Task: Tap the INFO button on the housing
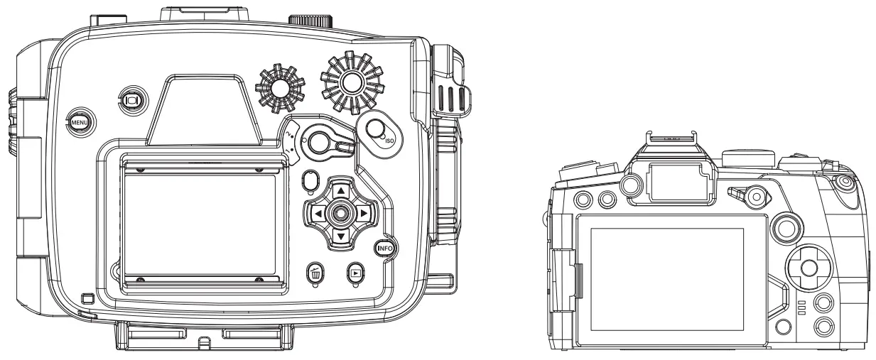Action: tap(385, 249)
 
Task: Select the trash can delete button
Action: tap(315, 272)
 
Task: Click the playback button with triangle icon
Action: tap(356, 271)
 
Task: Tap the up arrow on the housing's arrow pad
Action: tap(341, 191)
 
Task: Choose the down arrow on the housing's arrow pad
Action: tap(341, 235)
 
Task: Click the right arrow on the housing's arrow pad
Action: tap(363, 213)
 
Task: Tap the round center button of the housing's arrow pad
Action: tap(341, 213)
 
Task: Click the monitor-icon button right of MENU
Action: tap(131, 101)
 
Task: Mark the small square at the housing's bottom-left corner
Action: tap(87, 297)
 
